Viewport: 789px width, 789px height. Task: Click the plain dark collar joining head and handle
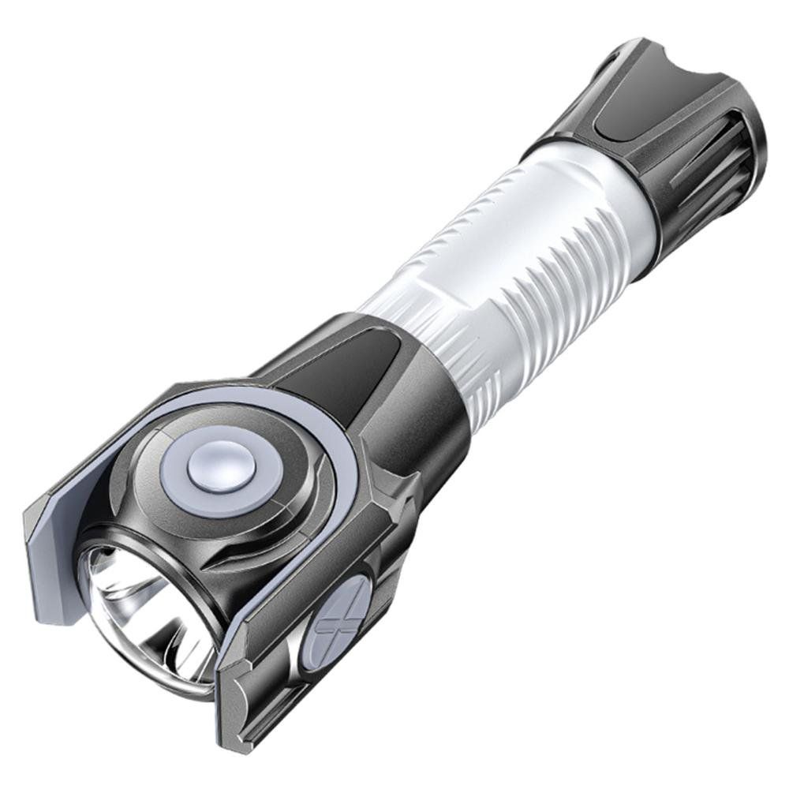point(426,394)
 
